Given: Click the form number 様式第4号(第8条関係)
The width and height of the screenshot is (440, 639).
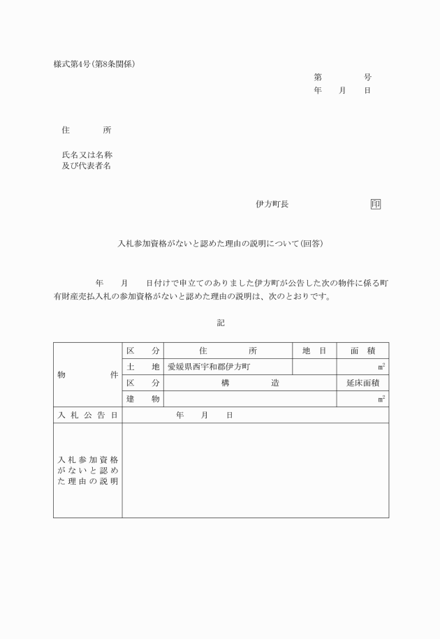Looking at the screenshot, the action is pos(94,64).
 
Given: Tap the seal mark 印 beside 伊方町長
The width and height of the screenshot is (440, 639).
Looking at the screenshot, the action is pos(376,204).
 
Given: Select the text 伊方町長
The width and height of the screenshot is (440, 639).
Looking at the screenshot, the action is pos(272,204).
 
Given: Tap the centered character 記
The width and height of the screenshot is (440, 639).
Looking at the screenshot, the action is pos(221,323).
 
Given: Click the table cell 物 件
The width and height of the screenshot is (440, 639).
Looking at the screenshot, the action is pos(87,374).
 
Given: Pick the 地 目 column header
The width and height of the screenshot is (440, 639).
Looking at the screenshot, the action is pos(314,351).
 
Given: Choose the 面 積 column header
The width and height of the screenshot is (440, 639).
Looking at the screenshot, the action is pos(362,351).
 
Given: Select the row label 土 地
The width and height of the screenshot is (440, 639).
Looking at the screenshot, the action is pos(143,367).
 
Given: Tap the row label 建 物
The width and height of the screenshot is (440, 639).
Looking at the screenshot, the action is pos(143,399).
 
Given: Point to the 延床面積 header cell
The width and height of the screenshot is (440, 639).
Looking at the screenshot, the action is pos(362,383).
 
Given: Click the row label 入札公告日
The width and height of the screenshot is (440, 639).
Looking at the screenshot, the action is pos(87,415).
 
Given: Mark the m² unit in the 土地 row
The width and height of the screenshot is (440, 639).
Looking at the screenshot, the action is pos(381,367).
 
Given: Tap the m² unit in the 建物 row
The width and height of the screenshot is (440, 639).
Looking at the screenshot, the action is pos(381,399).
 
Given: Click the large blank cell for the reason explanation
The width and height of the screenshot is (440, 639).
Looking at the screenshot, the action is pos(255,470).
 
